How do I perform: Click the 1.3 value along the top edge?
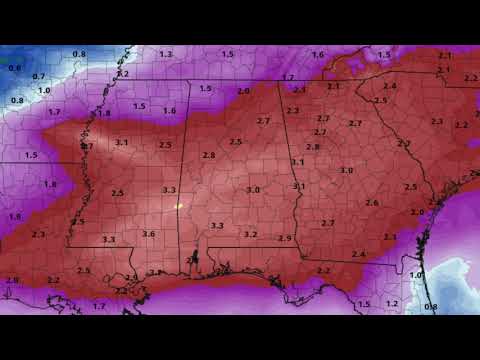pos(165,53)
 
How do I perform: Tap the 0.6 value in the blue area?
pos(14,67)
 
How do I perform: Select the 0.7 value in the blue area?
pos(38,76)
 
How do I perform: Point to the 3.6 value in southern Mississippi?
pos(148,233)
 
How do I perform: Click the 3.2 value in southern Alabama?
pos(250,234)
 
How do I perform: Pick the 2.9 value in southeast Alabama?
pos(285,238)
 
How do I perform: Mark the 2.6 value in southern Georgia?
pos(372,203)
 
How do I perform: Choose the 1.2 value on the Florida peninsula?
pos(392,303)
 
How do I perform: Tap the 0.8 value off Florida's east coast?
pos(431,306)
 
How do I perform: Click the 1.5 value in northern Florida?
pos(364,303)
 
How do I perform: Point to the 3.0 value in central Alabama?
pos(253,190)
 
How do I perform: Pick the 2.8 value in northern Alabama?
pos(208,155)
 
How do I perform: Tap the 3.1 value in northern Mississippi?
pos(121,143)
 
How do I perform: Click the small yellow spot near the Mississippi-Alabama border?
pos(178,206)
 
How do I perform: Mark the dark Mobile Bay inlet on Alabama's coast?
pos(194,262)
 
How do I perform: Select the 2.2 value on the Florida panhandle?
pos(323,270)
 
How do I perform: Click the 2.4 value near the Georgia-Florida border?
pos(358,254)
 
